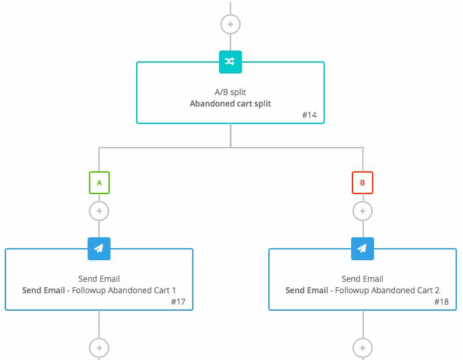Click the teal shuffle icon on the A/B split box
(230, 62)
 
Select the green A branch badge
(99, 183)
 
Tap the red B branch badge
(363, 183)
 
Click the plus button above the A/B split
(230, 24)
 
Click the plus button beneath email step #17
(99, 348)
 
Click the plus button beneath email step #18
(363, 348)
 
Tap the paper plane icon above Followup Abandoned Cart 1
(99, 249)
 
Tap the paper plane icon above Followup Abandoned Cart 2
(363, 249)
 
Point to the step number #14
(309, 115)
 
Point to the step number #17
(178, 301)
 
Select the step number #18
(441, 301)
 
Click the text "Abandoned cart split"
(230, 104)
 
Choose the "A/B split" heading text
(230, 92)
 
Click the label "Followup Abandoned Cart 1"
(124, 291)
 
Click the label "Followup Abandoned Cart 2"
(387, 291)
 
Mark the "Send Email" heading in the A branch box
(99, 279)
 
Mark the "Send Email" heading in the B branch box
(363, 279)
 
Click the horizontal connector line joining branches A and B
(231, 148)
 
